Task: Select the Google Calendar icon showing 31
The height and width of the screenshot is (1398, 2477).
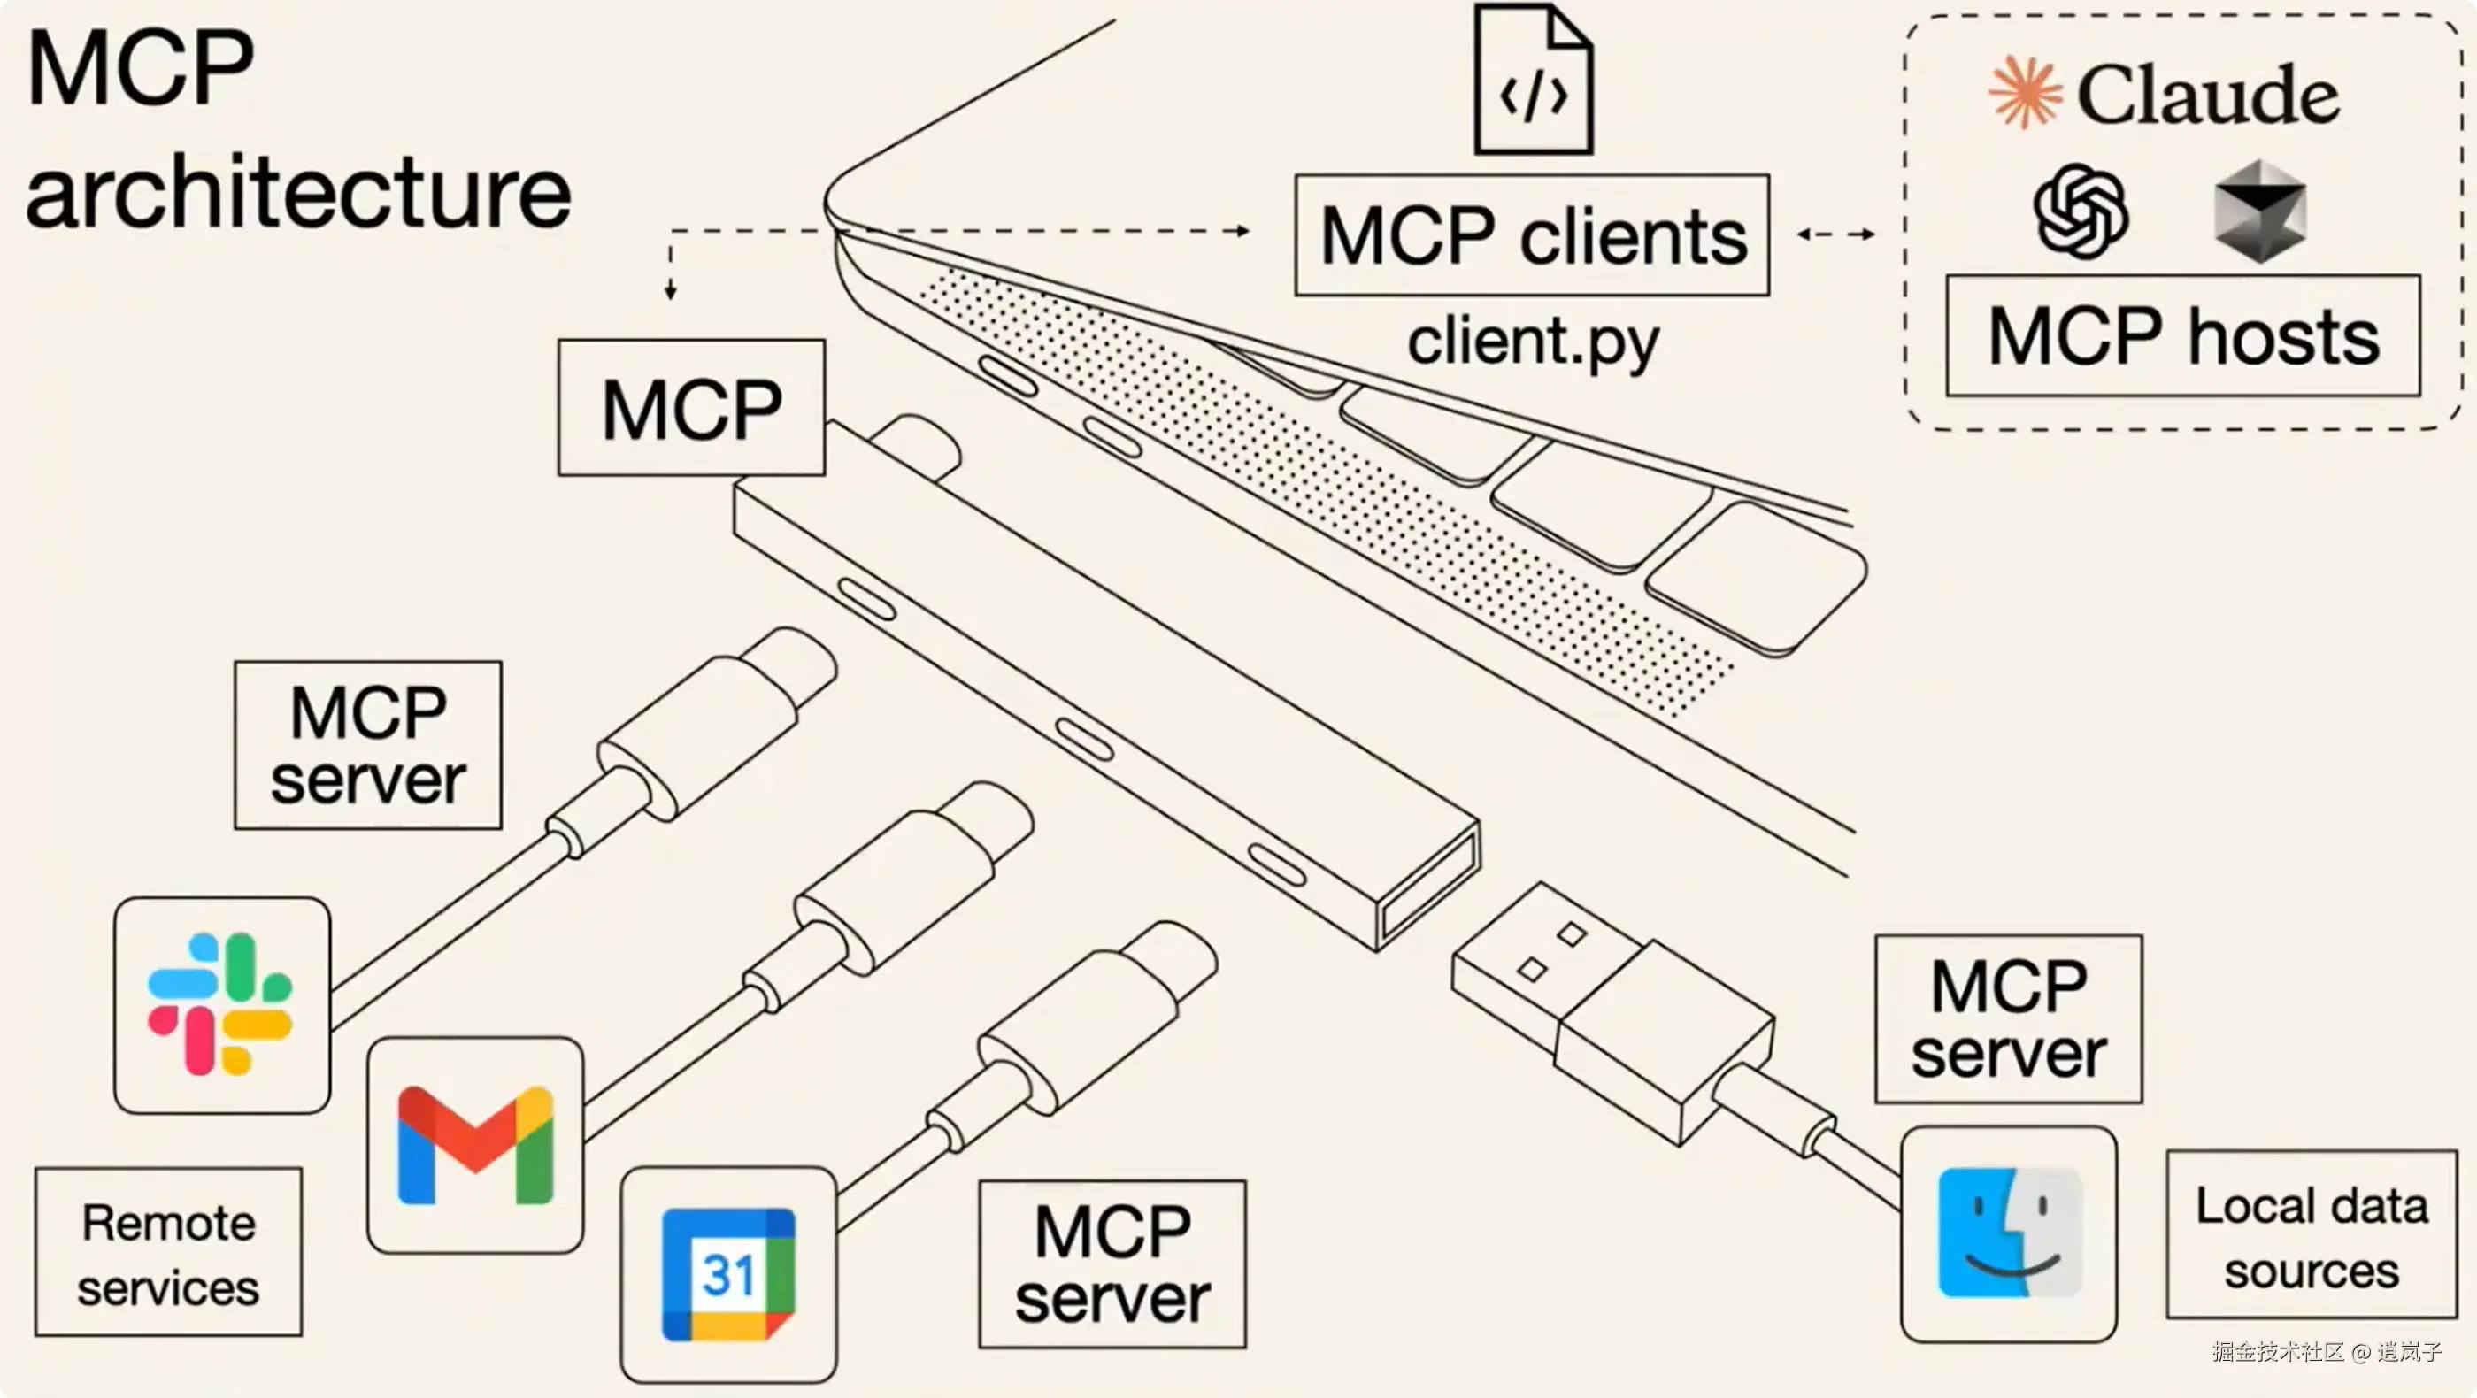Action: (728, 1274)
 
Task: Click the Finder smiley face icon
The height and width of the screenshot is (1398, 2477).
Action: (2009, 1233)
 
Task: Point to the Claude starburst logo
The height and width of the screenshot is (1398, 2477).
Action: (2025, 92)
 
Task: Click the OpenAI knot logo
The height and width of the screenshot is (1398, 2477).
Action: (2080, 211)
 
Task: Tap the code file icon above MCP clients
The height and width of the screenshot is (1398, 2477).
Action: (1533, 81)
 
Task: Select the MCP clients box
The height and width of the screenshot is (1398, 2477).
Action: (1532, 235)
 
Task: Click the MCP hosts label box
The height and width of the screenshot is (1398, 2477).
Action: (2183, 335)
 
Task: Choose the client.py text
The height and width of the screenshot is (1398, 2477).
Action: (1533, 342)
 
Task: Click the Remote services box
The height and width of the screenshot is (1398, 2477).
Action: (168, 1253)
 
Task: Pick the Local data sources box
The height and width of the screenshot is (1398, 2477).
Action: (2311, 1235)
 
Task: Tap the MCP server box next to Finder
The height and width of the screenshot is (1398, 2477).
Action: (2008, 1019)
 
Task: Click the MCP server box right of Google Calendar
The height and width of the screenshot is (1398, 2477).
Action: (1112, 1264)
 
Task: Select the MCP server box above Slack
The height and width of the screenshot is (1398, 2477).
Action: (368, 745)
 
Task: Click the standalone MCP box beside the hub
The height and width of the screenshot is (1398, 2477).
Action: (691, 408)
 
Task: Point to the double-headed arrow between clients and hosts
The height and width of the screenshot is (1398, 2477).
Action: (1835, 234)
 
